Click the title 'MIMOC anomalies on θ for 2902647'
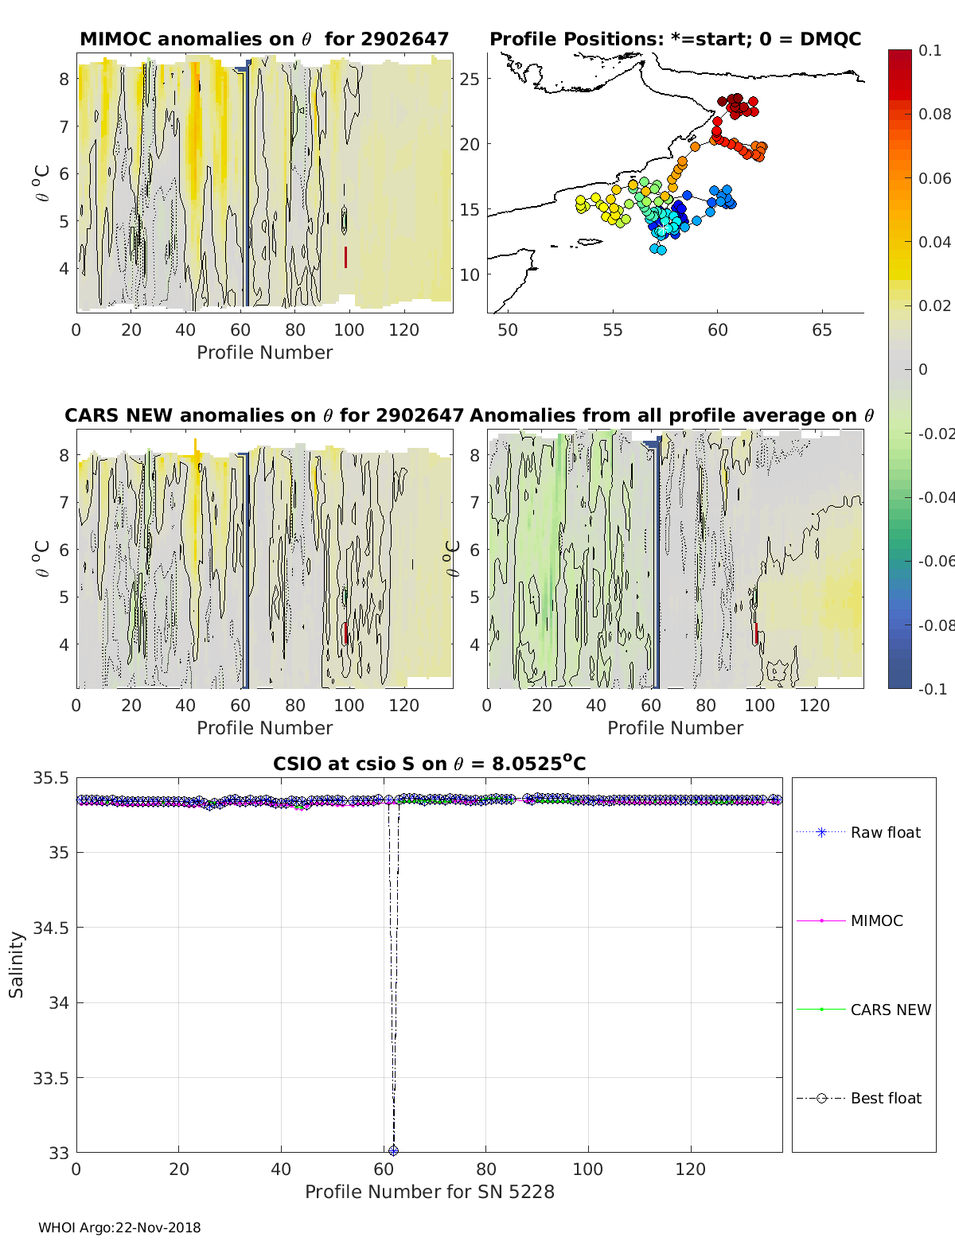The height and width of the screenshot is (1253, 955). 264,39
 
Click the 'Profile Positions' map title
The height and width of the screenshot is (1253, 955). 675,39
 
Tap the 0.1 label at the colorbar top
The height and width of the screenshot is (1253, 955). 930,50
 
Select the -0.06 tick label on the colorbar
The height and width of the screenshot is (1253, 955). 936,561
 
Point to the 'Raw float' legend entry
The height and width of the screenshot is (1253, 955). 885,832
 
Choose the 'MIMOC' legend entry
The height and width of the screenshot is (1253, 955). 876,920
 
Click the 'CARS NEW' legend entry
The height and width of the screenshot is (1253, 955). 891,1010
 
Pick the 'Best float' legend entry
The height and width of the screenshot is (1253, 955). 886,1098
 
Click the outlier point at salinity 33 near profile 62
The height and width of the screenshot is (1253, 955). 393,1150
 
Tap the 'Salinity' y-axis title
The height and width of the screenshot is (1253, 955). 17,964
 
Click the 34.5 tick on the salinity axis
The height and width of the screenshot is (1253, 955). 50,928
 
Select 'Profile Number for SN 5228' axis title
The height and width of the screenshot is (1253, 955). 430,1192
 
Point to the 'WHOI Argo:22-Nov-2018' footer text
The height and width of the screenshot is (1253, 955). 119,1228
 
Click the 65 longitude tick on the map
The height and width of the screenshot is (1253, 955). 822,330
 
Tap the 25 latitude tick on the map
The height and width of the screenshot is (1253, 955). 470,79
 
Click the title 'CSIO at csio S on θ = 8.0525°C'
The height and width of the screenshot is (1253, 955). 430,764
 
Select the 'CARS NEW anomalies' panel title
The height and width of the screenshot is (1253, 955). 263,415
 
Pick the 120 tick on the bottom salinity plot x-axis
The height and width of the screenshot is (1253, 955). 691,1169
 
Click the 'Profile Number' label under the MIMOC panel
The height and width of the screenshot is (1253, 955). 264,352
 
